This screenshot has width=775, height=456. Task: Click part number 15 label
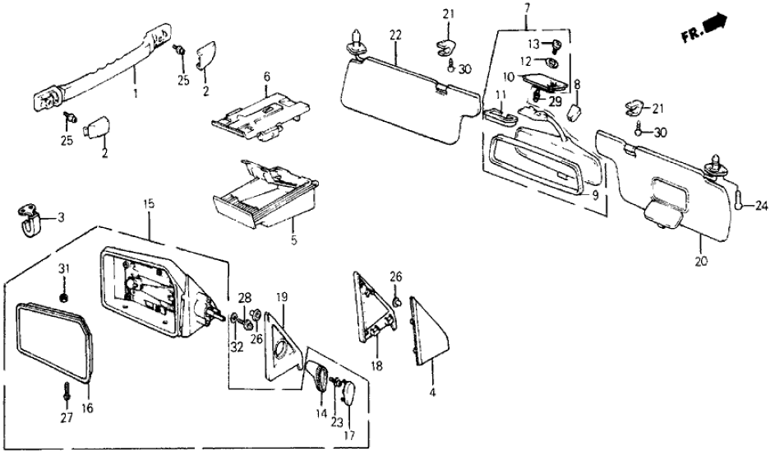149,200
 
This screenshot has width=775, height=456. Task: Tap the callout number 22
395,35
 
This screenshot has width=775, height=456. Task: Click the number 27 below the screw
265,77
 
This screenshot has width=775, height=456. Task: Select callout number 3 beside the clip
59,218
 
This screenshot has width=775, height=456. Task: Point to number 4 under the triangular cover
432,392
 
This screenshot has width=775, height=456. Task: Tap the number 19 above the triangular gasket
281,295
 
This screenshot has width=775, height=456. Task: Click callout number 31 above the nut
65,271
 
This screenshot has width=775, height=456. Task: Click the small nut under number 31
65,294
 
